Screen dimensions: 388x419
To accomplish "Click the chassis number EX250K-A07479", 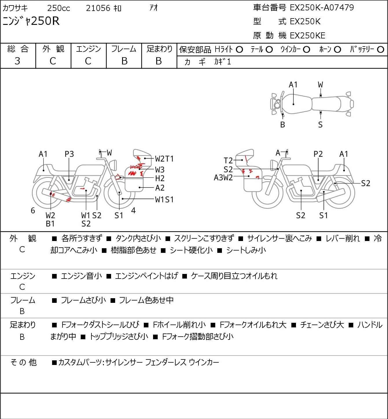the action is (322, 8).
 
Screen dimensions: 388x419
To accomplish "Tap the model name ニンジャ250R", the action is (31, 21).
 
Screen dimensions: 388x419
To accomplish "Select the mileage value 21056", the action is (98, 8).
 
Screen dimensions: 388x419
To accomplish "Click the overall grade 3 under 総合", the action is (17, 61).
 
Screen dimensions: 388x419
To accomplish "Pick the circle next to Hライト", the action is (239, 50).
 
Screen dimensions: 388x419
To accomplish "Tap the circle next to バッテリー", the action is (380, 50).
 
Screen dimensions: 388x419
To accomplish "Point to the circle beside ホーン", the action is (337, 50).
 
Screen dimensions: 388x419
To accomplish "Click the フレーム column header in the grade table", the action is (124, 49).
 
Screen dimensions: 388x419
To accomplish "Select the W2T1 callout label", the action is (164, 159).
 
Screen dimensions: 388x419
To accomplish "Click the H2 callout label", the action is (160, 179).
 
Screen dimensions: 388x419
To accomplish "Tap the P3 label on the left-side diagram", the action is (69, 154).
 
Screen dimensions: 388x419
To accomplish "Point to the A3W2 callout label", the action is (223, 178).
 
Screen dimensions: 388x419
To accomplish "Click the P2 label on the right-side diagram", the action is (318, 154).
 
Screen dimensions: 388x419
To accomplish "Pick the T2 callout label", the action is (228, 161).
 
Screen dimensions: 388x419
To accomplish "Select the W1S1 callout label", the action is (164, 200).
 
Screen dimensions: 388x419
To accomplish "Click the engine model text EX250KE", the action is (308, 36).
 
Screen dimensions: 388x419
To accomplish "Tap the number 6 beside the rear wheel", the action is (33, 210).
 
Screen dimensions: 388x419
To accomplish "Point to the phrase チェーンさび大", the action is (322, 325).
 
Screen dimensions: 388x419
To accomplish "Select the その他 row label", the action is (23, 362).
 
